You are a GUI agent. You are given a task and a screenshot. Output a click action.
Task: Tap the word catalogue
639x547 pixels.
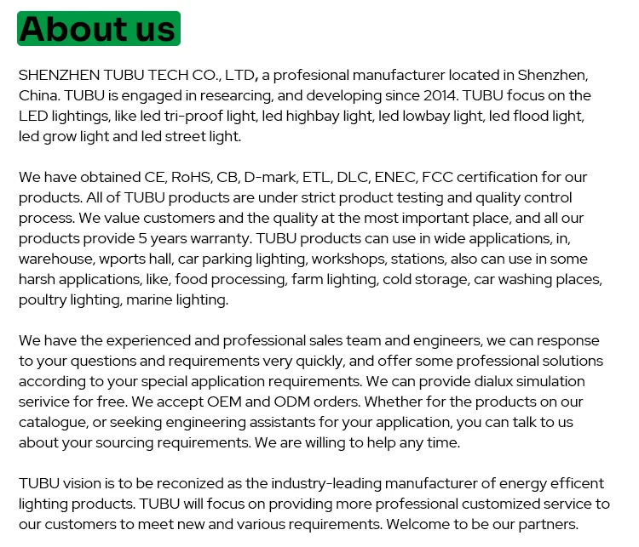point(55,422)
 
